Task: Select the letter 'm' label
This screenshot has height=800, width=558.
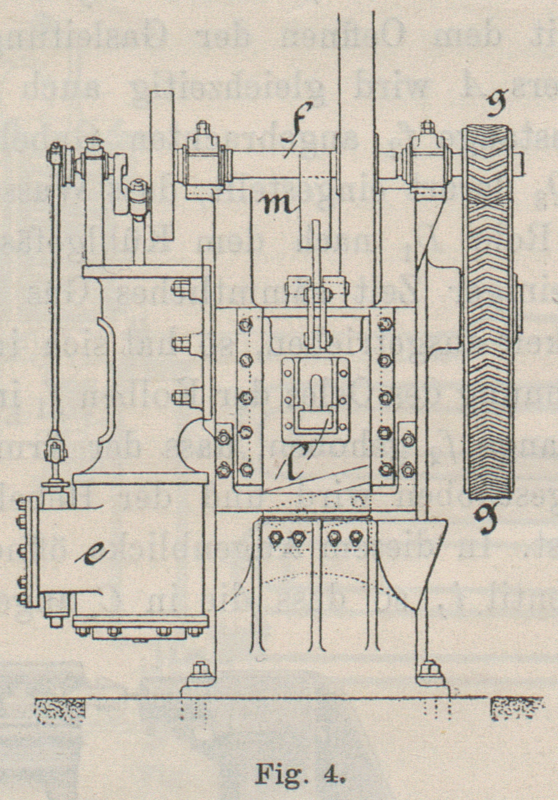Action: (x=279, y=203)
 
